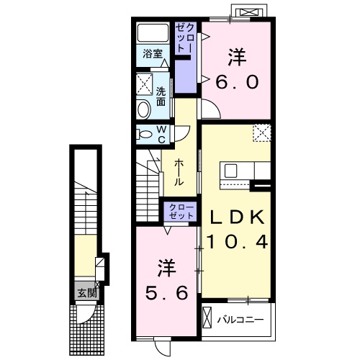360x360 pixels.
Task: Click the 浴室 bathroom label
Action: (x=153, y=53)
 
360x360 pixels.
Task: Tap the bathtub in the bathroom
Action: (x=153, y=32)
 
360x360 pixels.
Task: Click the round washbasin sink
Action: (x=143, y=109)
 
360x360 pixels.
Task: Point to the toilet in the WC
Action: (x=144, y=134)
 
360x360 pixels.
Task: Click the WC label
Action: (x=162, y=135)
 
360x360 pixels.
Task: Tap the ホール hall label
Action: (x=179, y=172)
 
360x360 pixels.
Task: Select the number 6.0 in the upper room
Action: (x=237, y=81)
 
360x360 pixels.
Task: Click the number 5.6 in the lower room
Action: (x=166, y=293)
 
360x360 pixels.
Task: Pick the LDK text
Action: (x=237, y=217)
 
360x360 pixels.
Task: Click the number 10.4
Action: (x=238, y=241)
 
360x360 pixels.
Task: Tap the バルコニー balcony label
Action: (x=240, y=320)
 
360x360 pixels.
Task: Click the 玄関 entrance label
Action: (x=86, y=293)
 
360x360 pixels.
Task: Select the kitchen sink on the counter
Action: (x=230, y=171)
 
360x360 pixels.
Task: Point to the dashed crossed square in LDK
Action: (x=262, y=133)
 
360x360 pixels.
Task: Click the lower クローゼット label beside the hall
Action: (x=181, y=212)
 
